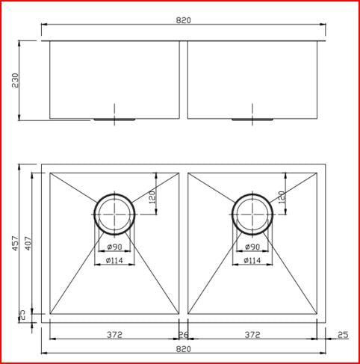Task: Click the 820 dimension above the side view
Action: click(x=184, y=20)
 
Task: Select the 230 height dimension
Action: click(x=16, y=80)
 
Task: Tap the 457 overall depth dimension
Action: click(x=16, y=245)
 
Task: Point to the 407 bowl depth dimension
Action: click(x=27, y=244)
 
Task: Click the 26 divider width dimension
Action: click(x=184, y=335)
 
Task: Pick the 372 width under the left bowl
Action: click(x=114, y=335)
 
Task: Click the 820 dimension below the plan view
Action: click(x=184, y=349)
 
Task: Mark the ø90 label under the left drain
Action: click(x=114, y=247)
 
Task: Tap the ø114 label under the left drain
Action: click(x=114, y=261)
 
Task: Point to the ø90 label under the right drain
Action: click(x=252, y=247)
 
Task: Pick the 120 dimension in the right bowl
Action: click(x=282, y=198)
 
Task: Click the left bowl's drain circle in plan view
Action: click(x=114, y=213)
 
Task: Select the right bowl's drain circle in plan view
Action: click(x=252, y=213)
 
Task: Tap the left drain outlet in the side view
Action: click(x=114, y=118)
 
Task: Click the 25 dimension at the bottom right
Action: click(x=343, y=335)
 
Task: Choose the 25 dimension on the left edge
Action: click(x=22, y=315)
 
